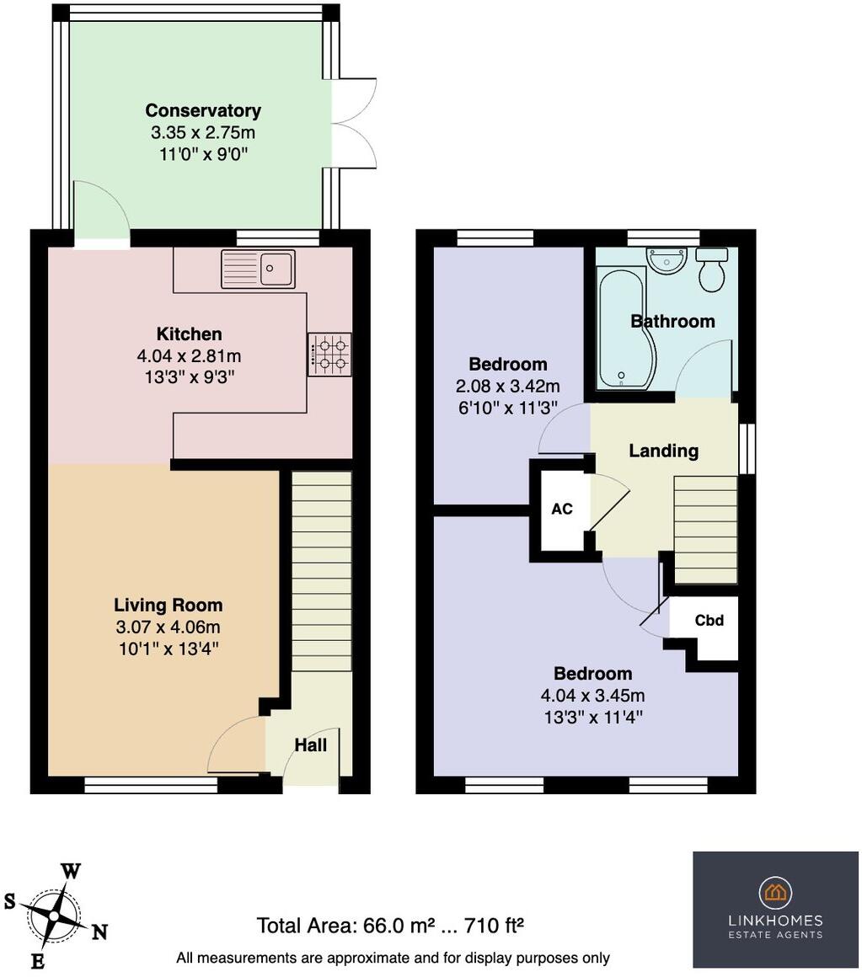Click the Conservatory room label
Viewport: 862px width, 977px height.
203,110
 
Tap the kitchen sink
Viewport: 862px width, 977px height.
259,269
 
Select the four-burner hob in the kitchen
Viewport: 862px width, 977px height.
329,355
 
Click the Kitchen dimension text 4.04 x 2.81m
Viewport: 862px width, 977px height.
188,356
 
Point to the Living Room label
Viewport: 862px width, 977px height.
169,605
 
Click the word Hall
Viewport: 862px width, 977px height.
310,745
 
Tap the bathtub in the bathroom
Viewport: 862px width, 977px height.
621,328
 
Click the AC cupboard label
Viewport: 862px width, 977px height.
562,510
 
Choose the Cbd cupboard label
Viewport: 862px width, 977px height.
709,621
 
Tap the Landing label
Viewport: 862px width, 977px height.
663,451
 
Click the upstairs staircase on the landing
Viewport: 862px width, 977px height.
705,530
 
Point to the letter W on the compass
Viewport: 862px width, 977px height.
71,872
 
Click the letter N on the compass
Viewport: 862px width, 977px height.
99,932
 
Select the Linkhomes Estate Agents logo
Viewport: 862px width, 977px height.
774,909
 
